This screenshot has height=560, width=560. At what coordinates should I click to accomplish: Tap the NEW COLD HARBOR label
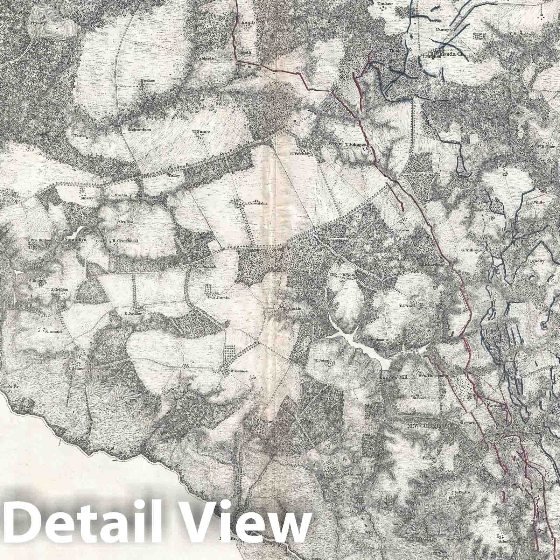(430, 426)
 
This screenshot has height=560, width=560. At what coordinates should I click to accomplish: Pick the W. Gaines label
(238, 371)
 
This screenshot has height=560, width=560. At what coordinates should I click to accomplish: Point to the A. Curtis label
(220, 298)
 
